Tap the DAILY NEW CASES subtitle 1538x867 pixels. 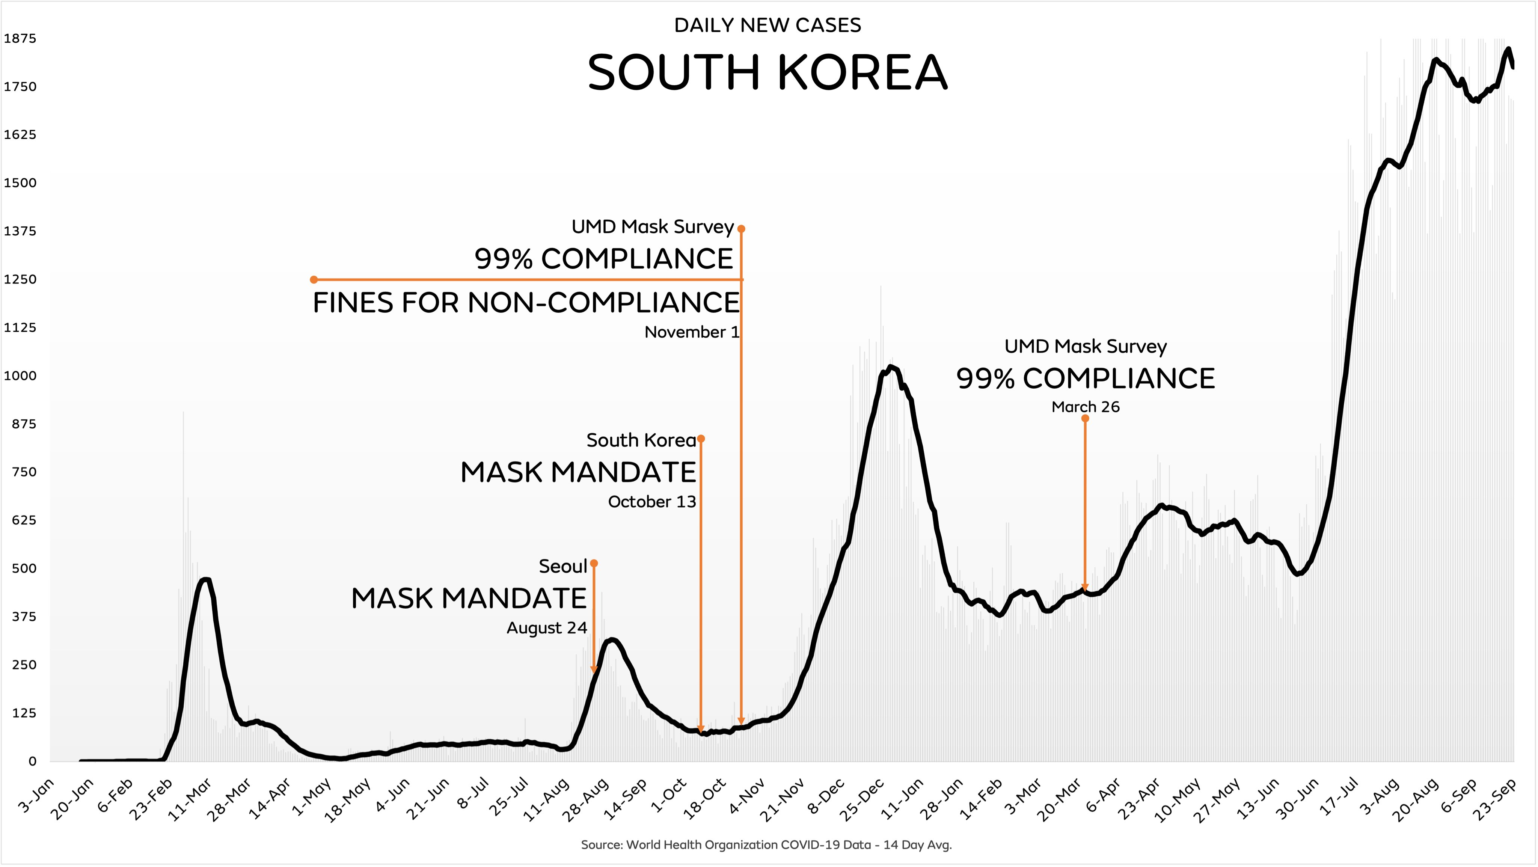[767, 25]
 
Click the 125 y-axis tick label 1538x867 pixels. [24, 713]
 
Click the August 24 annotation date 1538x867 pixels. [546, 628]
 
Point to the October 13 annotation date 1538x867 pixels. [652, 502]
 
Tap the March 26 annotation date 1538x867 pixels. [1086, 407]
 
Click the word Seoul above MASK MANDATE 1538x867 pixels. [563, 566]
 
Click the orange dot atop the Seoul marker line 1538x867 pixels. [594, 564]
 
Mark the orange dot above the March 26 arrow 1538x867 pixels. [1086, 419]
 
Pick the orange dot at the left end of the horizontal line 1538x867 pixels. [314, 279]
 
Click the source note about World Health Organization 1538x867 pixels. [766, 845]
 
